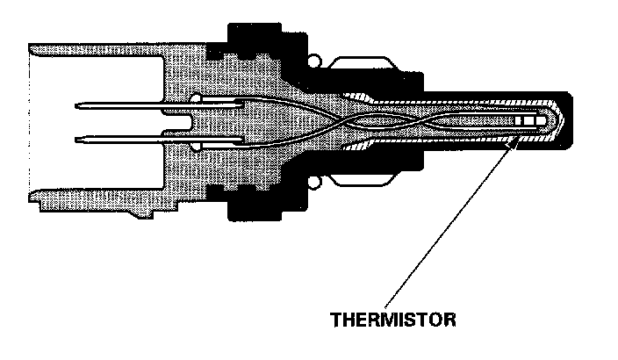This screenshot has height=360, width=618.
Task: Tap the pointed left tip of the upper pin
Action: [77, 107]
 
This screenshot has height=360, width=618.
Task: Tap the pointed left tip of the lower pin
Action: [77, 137]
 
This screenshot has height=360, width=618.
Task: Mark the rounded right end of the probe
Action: [570, 122]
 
